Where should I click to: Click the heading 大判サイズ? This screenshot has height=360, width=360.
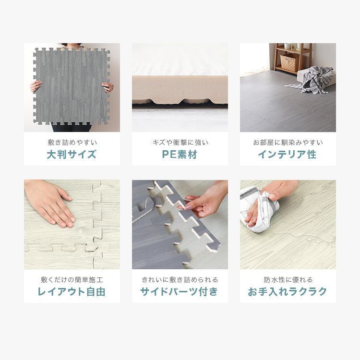(72, 155)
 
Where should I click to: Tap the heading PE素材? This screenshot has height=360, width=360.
(180, 155)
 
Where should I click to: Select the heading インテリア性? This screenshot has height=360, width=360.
(288, 155)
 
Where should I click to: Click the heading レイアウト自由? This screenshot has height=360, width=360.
(72, 291)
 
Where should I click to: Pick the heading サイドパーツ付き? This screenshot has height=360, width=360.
(180, 291)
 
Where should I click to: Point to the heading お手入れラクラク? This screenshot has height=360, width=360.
(288, 291)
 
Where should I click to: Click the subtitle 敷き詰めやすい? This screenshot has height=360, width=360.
(72, 143)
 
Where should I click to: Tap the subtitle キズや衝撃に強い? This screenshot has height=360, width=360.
(180, 143)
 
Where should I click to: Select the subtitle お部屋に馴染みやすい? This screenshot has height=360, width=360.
(288, 143)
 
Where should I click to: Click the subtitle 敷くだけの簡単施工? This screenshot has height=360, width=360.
(72, 279)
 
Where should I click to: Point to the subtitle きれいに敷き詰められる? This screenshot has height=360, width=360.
(180, 279)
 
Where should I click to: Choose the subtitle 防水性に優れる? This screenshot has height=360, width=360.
(288, 279)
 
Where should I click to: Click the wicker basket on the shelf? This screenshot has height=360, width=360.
(288, 62)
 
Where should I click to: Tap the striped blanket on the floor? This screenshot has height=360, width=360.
(314, 78)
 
